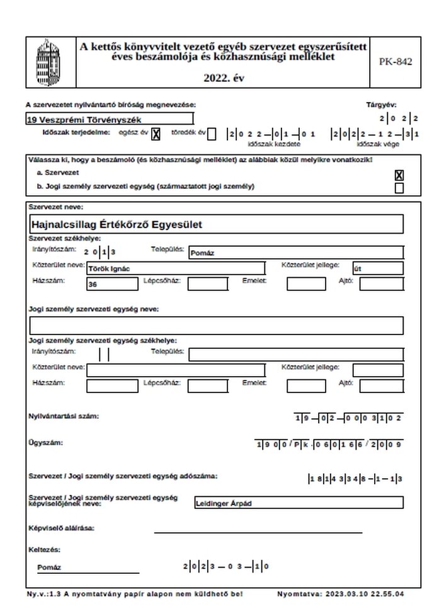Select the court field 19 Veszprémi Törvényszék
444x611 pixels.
(110, 119)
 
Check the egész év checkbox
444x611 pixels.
(156, 134)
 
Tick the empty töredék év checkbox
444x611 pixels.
(212, 134)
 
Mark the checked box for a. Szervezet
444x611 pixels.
(399, 175)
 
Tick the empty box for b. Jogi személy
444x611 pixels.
(399, 188)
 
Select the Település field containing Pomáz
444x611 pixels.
(296, 253)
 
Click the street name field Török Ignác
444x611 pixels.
(176, 268)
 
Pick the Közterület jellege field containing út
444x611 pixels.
(378, 268)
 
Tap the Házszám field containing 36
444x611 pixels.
(112, 284)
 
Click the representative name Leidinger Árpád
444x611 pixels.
(299, 503)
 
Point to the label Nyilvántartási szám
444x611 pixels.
(64, 416)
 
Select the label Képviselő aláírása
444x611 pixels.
(61, 528)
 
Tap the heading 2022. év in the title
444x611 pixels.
(224, 79)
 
